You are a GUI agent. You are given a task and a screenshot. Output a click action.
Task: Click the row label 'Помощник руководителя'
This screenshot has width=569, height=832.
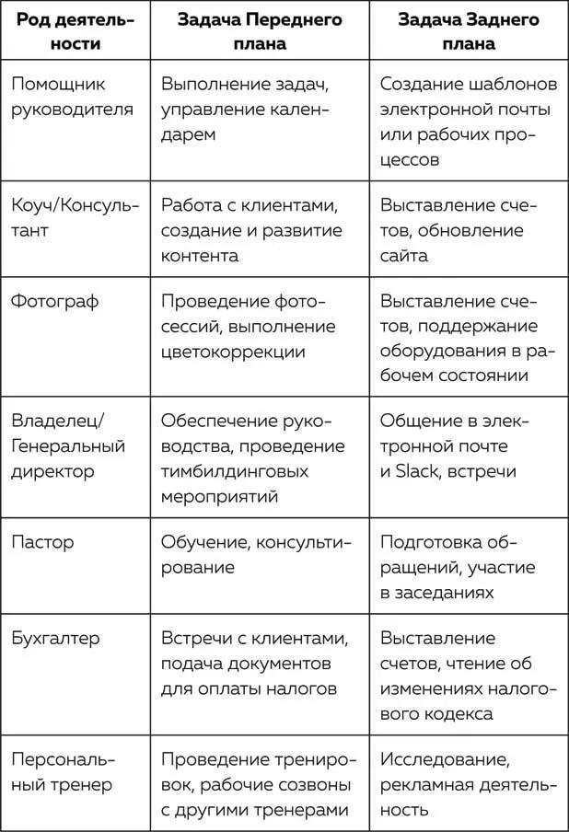(73, 97)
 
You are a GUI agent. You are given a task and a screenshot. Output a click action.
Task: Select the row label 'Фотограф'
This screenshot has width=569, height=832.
(54, 301)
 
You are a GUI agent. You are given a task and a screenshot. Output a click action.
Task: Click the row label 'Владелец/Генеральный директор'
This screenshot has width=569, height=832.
(67, 445)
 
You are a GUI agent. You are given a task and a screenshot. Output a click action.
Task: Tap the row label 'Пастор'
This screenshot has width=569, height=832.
(42, 542)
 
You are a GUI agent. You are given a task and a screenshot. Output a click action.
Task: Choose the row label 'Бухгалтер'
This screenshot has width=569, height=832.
(55, 638)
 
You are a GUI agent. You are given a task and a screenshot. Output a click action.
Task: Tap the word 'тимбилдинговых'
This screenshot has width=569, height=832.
(235, 471)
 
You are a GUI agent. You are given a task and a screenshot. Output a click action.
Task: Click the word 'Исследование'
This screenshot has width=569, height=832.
(444, 759)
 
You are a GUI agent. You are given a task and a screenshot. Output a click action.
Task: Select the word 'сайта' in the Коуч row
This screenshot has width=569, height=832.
(404, 256)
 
